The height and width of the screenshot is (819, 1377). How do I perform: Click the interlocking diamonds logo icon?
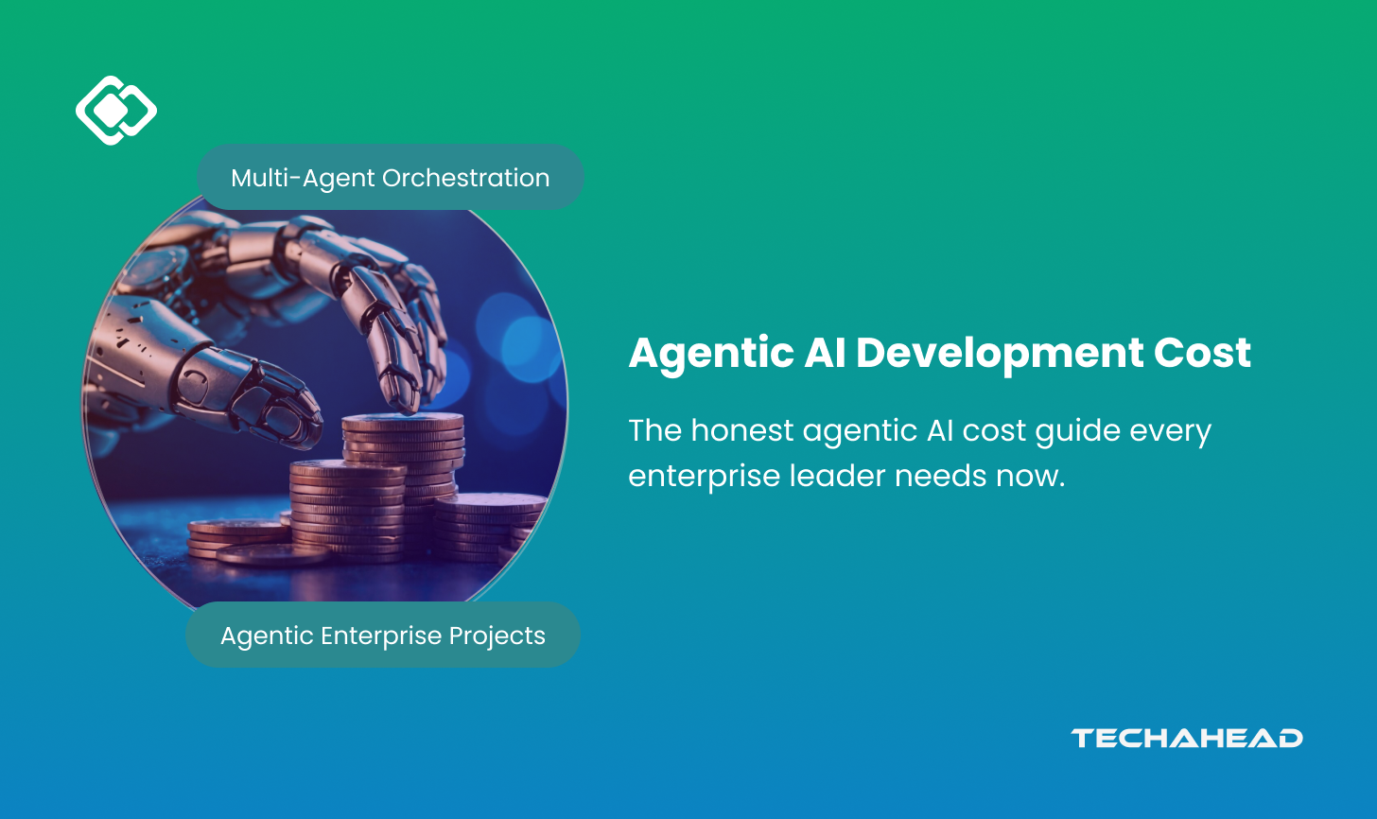[x=116, y=111]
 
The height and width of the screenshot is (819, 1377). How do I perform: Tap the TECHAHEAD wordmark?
[x=1186, y=738]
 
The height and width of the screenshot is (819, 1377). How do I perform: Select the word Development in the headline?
[x=1000, y=354]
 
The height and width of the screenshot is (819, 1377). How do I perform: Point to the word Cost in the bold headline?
[x=1202, y=353]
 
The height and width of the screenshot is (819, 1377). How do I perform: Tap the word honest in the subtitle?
[x=742, y=430]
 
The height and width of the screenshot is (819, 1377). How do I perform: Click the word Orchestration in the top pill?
[x=466, y=179]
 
